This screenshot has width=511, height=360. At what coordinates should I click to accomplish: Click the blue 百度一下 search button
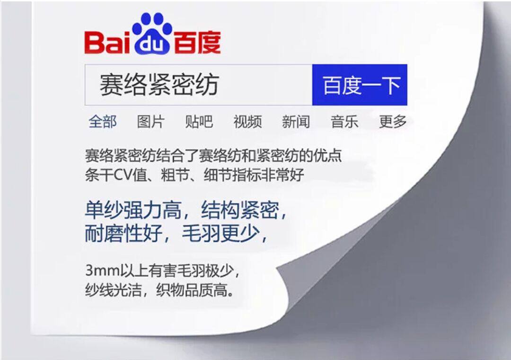coord(360,85)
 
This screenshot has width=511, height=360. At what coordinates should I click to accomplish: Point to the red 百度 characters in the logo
coord(197,43)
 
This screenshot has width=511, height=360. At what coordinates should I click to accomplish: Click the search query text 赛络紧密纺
coord(159,85)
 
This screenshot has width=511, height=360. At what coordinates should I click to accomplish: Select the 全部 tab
coord(103,122)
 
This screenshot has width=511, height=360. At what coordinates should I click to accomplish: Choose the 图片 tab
coord(151,122)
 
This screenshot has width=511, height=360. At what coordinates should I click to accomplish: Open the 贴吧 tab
coord(199,122)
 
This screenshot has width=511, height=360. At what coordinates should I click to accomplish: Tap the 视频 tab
coord(247,122)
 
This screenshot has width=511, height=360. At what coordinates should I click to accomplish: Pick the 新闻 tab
coord(296,122)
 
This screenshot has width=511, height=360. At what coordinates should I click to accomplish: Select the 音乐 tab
coord(344,122)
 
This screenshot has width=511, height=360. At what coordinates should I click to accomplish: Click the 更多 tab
coord(393,122)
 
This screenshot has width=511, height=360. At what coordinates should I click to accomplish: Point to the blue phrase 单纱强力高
coord(133,210)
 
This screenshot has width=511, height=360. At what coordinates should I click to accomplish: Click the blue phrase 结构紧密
coord(240,210)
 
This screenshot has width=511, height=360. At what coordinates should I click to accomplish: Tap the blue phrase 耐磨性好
coord(123,233)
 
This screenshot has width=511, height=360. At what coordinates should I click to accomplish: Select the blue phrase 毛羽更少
coord(221,233)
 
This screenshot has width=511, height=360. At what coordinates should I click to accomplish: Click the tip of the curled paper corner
coord(277,268)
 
